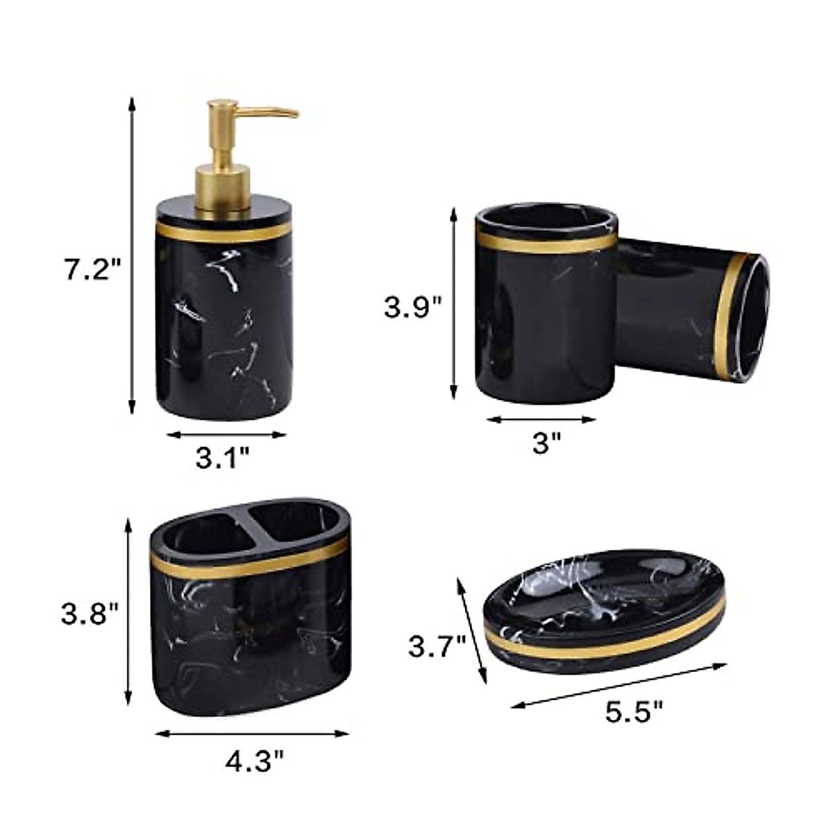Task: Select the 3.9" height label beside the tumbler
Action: pyautogui.click(x=413, y=308)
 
